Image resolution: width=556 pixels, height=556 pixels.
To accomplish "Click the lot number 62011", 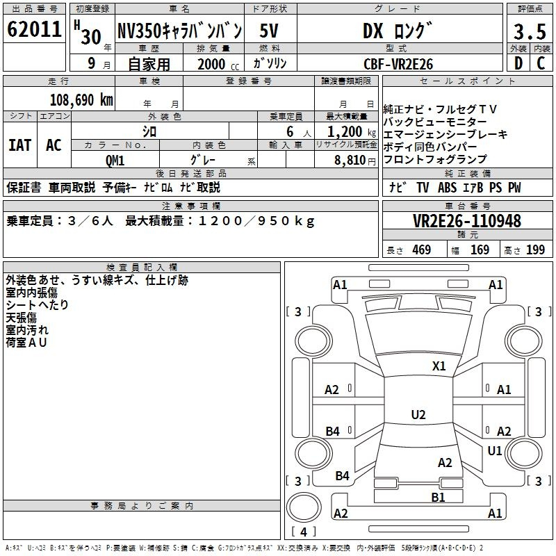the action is (x=34, y=29).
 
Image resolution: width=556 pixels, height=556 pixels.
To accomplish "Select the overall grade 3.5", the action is (x=530, y=31).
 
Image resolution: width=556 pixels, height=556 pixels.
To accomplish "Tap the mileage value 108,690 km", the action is (x=81, y=100).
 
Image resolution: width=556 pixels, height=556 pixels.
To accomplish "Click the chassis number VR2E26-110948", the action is (x=467, y=220).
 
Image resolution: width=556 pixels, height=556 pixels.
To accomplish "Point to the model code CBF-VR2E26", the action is (x=398, y=64).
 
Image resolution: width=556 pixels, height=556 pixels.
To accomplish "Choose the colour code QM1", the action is (x=115, y=161).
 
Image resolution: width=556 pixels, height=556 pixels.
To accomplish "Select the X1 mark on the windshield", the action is (x=439, y=366).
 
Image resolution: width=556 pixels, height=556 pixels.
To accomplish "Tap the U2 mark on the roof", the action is (x=418, y=414).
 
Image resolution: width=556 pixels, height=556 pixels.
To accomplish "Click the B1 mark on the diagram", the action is (x=438, y=497).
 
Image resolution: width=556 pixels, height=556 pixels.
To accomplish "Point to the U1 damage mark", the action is (x=495, y=450).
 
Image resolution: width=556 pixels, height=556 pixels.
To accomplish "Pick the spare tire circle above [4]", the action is (x=304, y=507).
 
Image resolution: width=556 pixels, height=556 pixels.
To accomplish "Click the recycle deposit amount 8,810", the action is (x=350, y=160).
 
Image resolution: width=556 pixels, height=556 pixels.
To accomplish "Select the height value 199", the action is (x=535, y=250).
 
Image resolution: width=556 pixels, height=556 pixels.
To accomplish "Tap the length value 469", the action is (x=422, y=250).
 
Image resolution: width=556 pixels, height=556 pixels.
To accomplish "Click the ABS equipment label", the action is (x=447, y=187).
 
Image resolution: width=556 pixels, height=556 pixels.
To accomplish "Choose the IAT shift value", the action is (x=20, y=145).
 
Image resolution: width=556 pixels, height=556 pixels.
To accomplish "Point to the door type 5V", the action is (x=269, y=31).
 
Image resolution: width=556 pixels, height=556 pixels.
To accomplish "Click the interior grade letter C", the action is (x=541, y=63).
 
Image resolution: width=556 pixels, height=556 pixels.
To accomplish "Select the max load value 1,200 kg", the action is (x=352, y=131).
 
